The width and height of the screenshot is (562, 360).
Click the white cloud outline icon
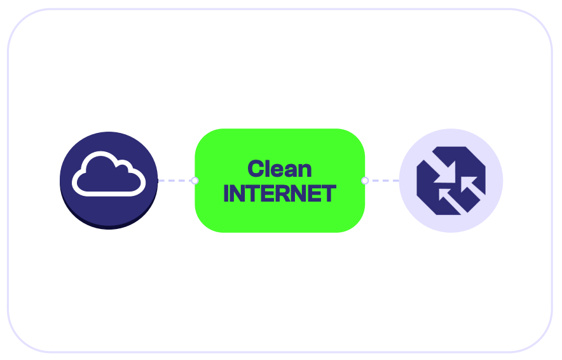(x=109, y=193)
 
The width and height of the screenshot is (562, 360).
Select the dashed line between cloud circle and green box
(x=175, y=181)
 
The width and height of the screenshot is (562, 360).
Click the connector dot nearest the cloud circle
(x=195, y=181)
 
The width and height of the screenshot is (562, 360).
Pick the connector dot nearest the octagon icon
(x=365, y=181)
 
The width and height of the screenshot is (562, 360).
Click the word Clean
(x=280, y=169)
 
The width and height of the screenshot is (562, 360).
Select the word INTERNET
(x=280, y=193)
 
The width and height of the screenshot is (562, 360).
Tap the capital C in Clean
(x=256, y=169)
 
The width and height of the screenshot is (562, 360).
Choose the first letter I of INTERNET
(x=226, y=193)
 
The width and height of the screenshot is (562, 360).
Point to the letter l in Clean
(x=268, y=169)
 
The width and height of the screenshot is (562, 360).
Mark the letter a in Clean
(x=291, y=170)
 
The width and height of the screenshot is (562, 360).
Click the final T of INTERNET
(x=329, y=193)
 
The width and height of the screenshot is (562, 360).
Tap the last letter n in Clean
(x=305, y=170)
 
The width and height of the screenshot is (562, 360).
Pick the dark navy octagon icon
(x=451, y=181)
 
